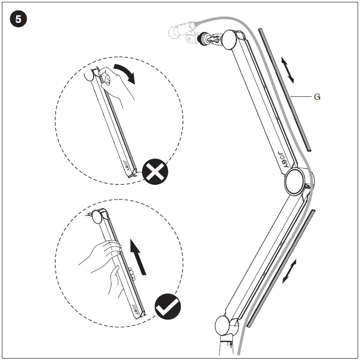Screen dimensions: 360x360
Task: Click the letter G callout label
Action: tap(316, 97)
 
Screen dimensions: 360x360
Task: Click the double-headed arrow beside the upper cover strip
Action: tap(287, 70)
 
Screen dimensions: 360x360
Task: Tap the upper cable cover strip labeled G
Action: tap(285, 89)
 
